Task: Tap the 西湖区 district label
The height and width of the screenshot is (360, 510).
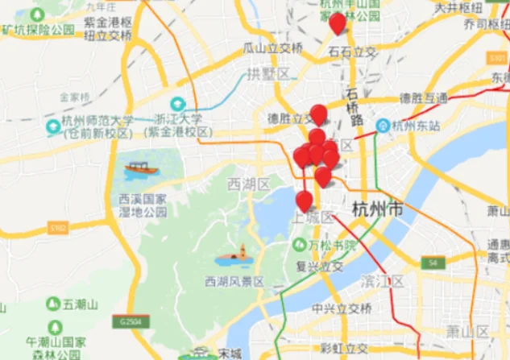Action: point(248,184)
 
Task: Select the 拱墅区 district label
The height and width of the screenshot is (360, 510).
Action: point(262,74)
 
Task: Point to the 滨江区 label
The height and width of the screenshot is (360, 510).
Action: point(383,281)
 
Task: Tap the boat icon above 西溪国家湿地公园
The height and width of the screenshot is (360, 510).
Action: point(141,170)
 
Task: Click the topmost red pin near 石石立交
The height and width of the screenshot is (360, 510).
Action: point(338,23)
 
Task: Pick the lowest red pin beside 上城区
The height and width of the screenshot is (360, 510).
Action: point(304,201)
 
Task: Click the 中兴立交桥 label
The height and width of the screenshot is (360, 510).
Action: point(342,308)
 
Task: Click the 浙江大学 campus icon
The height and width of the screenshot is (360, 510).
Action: point(176,104)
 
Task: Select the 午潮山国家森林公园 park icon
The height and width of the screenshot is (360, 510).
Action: point(55,327)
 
